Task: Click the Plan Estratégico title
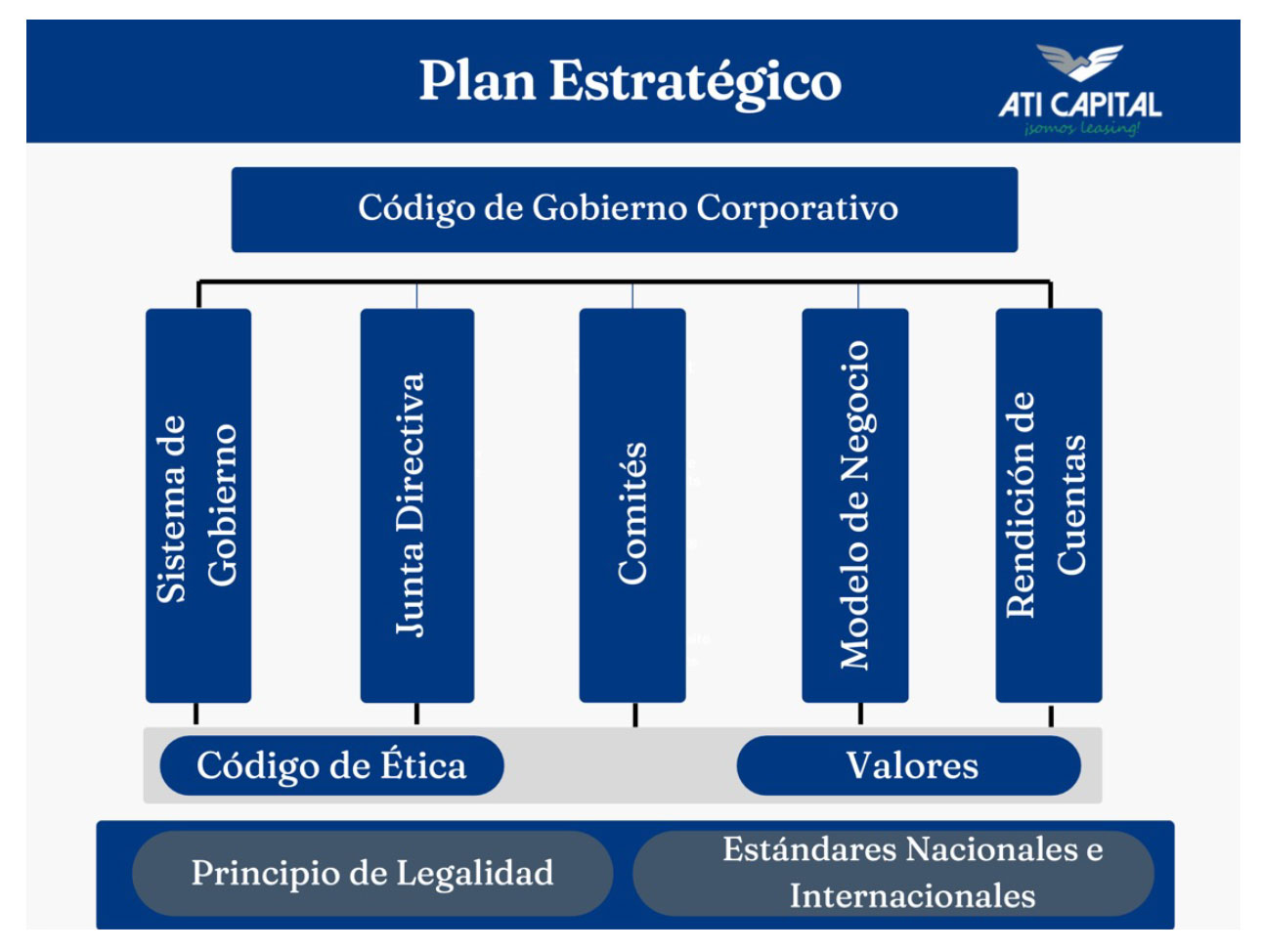point(630,82)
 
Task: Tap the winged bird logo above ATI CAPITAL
point(1079,62)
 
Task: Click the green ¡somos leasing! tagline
point(1081,128)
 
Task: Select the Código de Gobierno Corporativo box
point(625,209)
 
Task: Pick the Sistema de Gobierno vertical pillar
point(198,505)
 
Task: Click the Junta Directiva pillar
point(416,505)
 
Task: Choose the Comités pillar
point(632,505)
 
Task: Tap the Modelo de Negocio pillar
point(855,505)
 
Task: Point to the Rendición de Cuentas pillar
point(1049,505)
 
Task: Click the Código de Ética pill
point(331,765)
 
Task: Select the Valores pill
point(908,765)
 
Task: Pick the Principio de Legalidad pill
point(372,873)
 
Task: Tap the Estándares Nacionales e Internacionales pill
point(892,873)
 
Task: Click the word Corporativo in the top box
point(797,208)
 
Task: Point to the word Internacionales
point(912,895)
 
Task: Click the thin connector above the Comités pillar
point(632,295)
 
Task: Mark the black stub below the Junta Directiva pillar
point(416,713)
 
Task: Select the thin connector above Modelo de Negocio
point(858,295)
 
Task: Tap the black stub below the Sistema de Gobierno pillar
point(196,713)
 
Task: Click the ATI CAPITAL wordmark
point(1080,105)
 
